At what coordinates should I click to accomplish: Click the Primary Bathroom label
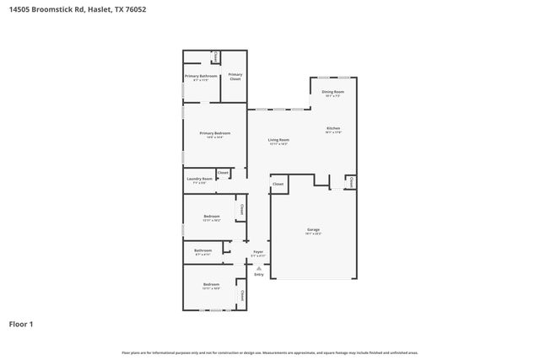tap(201, 76)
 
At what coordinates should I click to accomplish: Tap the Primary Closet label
tap(235, 77)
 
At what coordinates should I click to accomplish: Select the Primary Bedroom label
tap(214, 133)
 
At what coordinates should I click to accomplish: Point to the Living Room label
tap(278, 140)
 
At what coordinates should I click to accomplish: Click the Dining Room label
tap(332, 92)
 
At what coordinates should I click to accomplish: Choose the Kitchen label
tap(333, 129)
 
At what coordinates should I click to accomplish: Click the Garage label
tap(313, 229)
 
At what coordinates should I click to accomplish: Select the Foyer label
tap(258, 251)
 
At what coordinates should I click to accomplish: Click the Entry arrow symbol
tap(259, 268)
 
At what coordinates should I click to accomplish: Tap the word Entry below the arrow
tap(259, 275)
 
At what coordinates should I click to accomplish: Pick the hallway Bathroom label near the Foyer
tap(202, 250)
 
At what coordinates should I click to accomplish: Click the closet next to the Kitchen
tap(350, 180)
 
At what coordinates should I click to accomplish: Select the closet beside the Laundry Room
tap(223, 173)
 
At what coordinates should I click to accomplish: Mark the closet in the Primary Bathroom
tap(216, 57)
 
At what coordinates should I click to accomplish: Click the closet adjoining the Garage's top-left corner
tap(278, 183)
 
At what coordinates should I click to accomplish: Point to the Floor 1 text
tap(21, 324)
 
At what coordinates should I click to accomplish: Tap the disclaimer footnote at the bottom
tap(269, 352)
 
